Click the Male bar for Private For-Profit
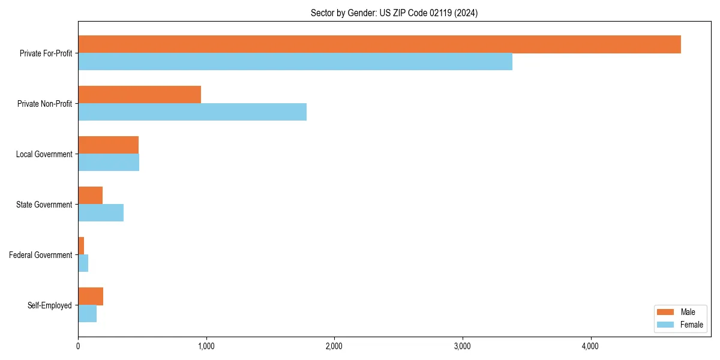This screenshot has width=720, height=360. [379, 44]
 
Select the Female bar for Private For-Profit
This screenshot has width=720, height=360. [295, 62]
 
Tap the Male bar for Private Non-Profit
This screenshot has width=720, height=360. [139, 95]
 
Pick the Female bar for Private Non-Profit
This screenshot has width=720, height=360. [192, 112]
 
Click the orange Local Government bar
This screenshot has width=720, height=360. [108, 145]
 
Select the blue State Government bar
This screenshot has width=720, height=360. [101, 213]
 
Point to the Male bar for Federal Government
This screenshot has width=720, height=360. [81, 246]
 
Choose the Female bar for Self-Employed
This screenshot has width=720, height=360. [87, 314]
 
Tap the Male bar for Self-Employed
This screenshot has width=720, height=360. [91, 296]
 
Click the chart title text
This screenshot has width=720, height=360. [394, 13]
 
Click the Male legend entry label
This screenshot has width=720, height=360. [688, 312]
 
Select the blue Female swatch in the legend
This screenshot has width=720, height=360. [666, 325]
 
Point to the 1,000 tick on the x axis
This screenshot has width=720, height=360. [206, 346]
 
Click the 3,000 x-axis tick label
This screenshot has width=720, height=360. [462, 346]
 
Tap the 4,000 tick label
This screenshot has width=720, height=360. [590, 346]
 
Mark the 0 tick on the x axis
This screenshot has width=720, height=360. [78, 346]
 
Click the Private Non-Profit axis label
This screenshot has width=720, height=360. [44, 104]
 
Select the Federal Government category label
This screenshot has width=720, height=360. [41, 255]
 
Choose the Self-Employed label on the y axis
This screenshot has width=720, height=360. [50, 305]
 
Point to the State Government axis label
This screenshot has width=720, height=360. [44, 205]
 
